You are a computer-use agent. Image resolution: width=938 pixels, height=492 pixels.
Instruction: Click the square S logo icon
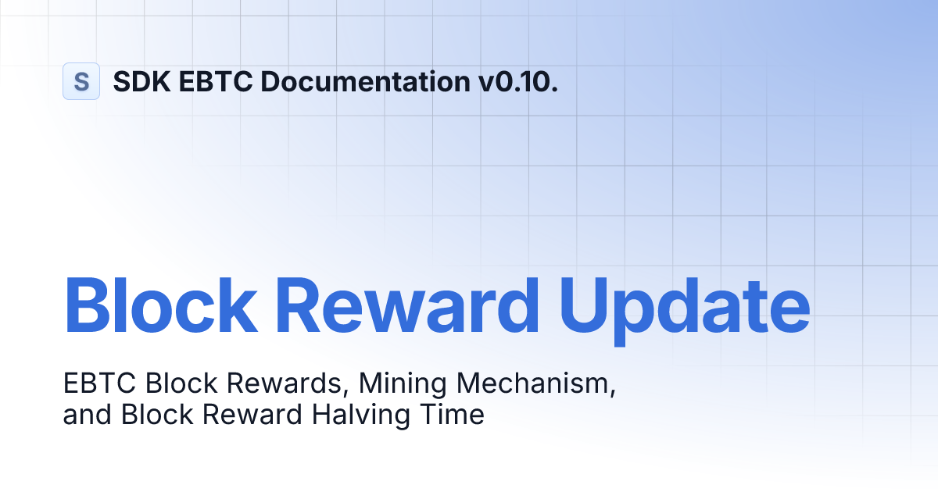click(x=81, y=81)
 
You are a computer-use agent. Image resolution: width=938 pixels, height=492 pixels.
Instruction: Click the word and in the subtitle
click(x=88, y=415)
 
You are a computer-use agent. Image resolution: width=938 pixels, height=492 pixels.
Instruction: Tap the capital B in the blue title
click(x=88, y=301)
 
